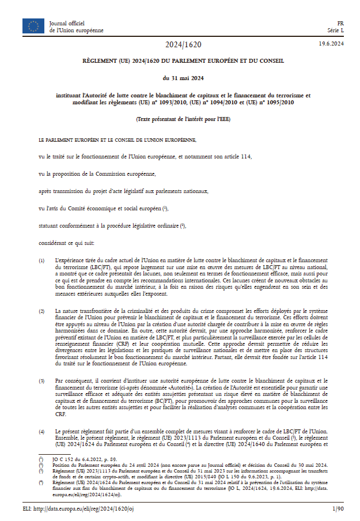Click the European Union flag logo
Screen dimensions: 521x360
[x=33, y=25]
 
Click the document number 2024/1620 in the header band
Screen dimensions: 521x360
[x=184, y=44]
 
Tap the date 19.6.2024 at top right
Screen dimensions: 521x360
[x=331, y=44]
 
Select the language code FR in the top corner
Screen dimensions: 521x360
[x=340, y=22]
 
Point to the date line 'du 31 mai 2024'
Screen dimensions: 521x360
[x=183, y=78]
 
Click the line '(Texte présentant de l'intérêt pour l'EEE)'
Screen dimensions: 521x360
[x=183, y=119]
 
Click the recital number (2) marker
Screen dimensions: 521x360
[x=41, y=311]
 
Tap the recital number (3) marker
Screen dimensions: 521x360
[x=41, y=381]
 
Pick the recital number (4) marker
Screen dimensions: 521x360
[x=41, y=431]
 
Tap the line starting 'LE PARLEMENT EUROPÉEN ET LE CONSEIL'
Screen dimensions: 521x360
[x=118, y=139]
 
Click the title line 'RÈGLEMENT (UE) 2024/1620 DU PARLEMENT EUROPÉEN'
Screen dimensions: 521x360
[x=183, y=61]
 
